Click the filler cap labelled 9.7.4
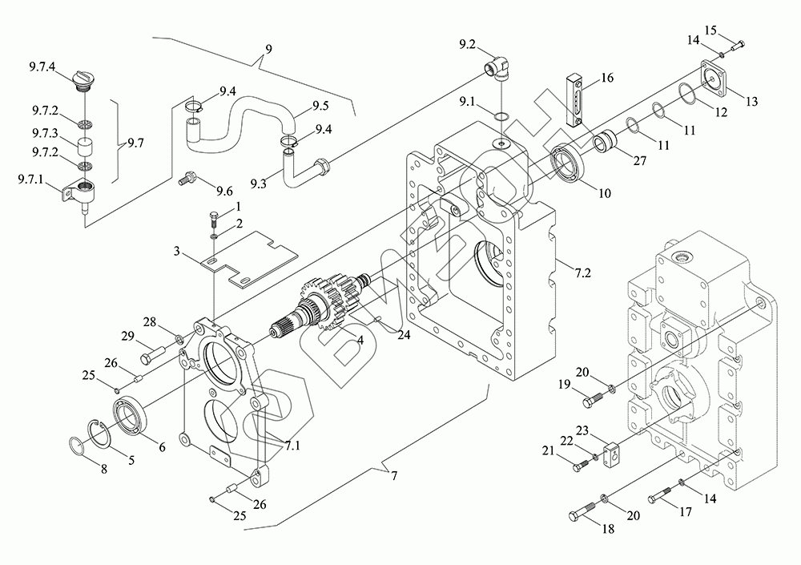point(83,82)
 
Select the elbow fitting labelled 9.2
point(498,68)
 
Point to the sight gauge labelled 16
point(574,99)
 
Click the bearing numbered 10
point(567,163)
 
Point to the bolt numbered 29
point(151,354)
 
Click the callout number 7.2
point(582,272)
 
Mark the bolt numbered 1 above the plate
point(215,218)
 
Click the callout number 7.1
point(292,446)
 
